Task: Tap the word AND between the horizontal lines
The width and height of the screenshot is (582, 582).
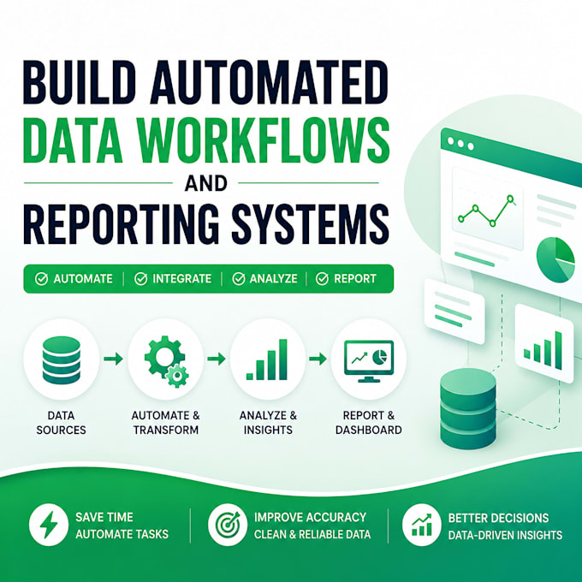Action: (x=206, y=183)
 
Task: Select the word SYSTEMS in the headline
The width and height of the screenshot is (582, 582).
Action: (x=311, y=223)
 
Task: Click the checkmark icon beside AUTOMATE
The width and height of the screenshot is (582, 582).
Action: (x=41, y=278)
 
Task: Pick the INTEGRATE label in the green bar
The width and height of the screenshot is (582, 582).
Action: (x=181, y=278)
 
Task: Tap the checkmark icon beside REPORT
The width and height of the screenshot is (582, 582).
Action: (x=322, y=278)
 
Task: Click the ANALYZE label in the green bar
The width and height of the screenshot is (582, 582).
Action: (x=273, y=278)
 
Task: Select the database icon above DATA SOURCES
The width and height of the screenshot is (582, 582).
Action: (x=62, y=359)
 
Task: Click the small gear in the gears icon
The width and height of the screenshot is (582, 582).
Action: (x=176, y=376)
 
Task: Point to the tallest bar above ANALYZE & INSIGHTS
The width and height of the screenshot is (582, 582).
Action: (x=282, y=359)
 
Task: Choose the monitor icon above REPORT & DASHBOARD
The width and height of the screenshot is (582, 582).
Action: (x=369, y=361)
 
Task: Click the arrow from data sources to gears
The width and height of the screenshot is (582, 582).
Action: (x=113, y=359)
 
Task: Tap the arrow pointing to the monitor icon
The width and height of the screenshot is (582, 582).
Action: (x=318, y=359)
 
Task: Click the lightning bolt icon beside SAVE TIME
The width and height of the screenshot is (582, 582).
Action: (x=49, y=525)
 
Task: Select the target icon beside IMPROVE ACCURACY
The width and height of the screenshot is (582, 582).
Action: (x=228, y=525)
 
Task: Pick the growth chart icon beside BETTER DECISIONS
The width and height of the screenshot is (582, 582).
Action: (x=422, y=525)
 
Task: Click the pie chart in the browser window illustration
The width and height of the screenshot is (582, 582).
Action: (x=555, y=260)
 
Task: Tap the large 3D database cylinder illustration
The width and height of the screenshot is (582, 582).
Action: (x=468, y=408)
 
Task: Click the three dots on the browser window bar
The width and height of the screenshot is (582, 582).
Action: (x=460, y=143)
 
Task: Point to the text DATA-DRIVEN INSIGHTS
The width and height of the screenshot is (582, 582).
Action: (x=505, y=535)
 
